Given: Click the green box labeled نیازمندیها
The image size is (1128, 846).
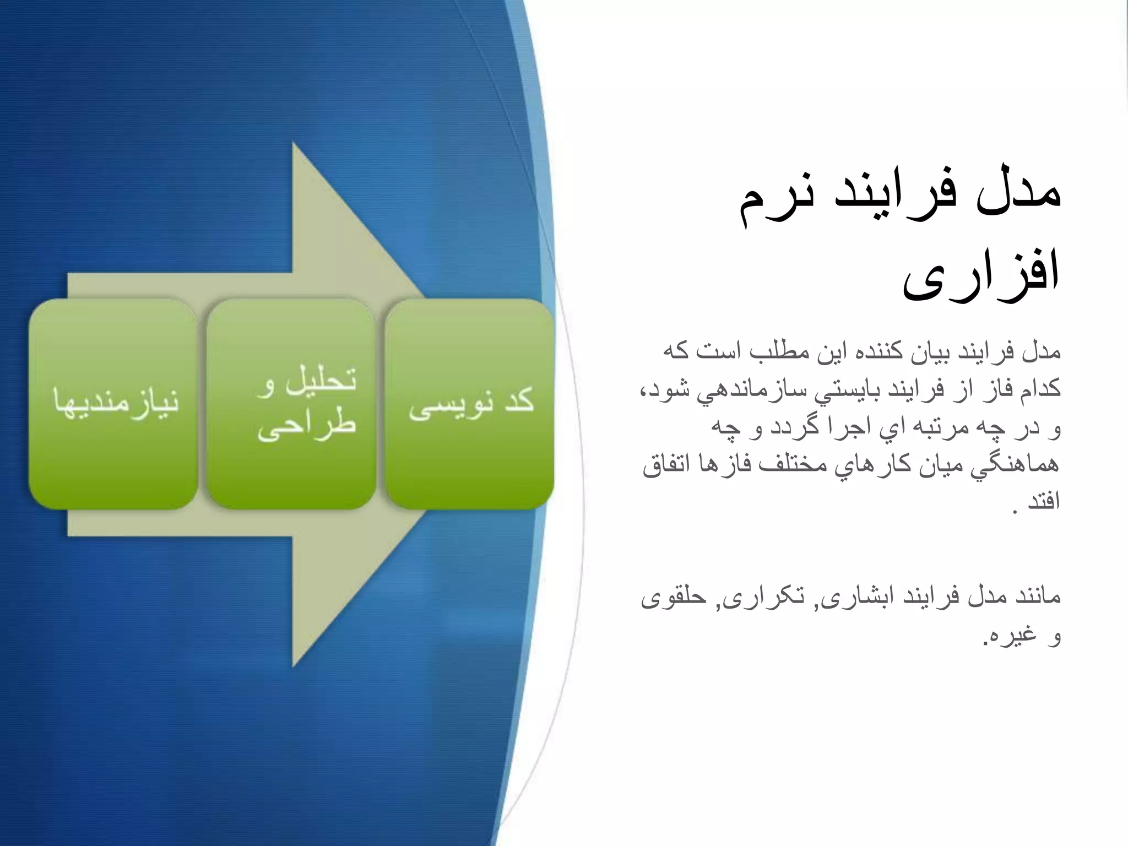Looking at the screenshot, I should [113, 404].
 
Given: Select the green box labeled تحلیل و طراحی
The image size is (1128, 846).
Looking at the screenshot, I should [292, 404].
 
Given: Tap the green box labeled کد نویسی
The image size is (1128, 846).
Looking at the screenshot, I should [470, 404].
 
